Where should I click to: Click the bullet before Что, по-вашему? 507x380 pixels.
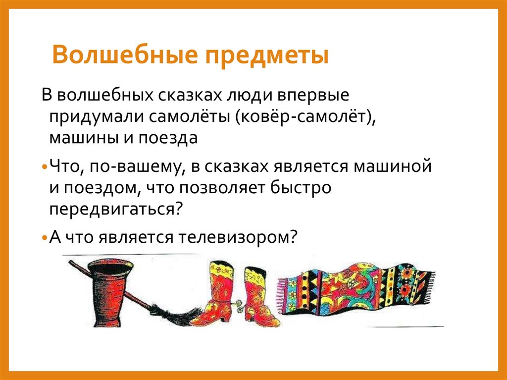44,167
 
